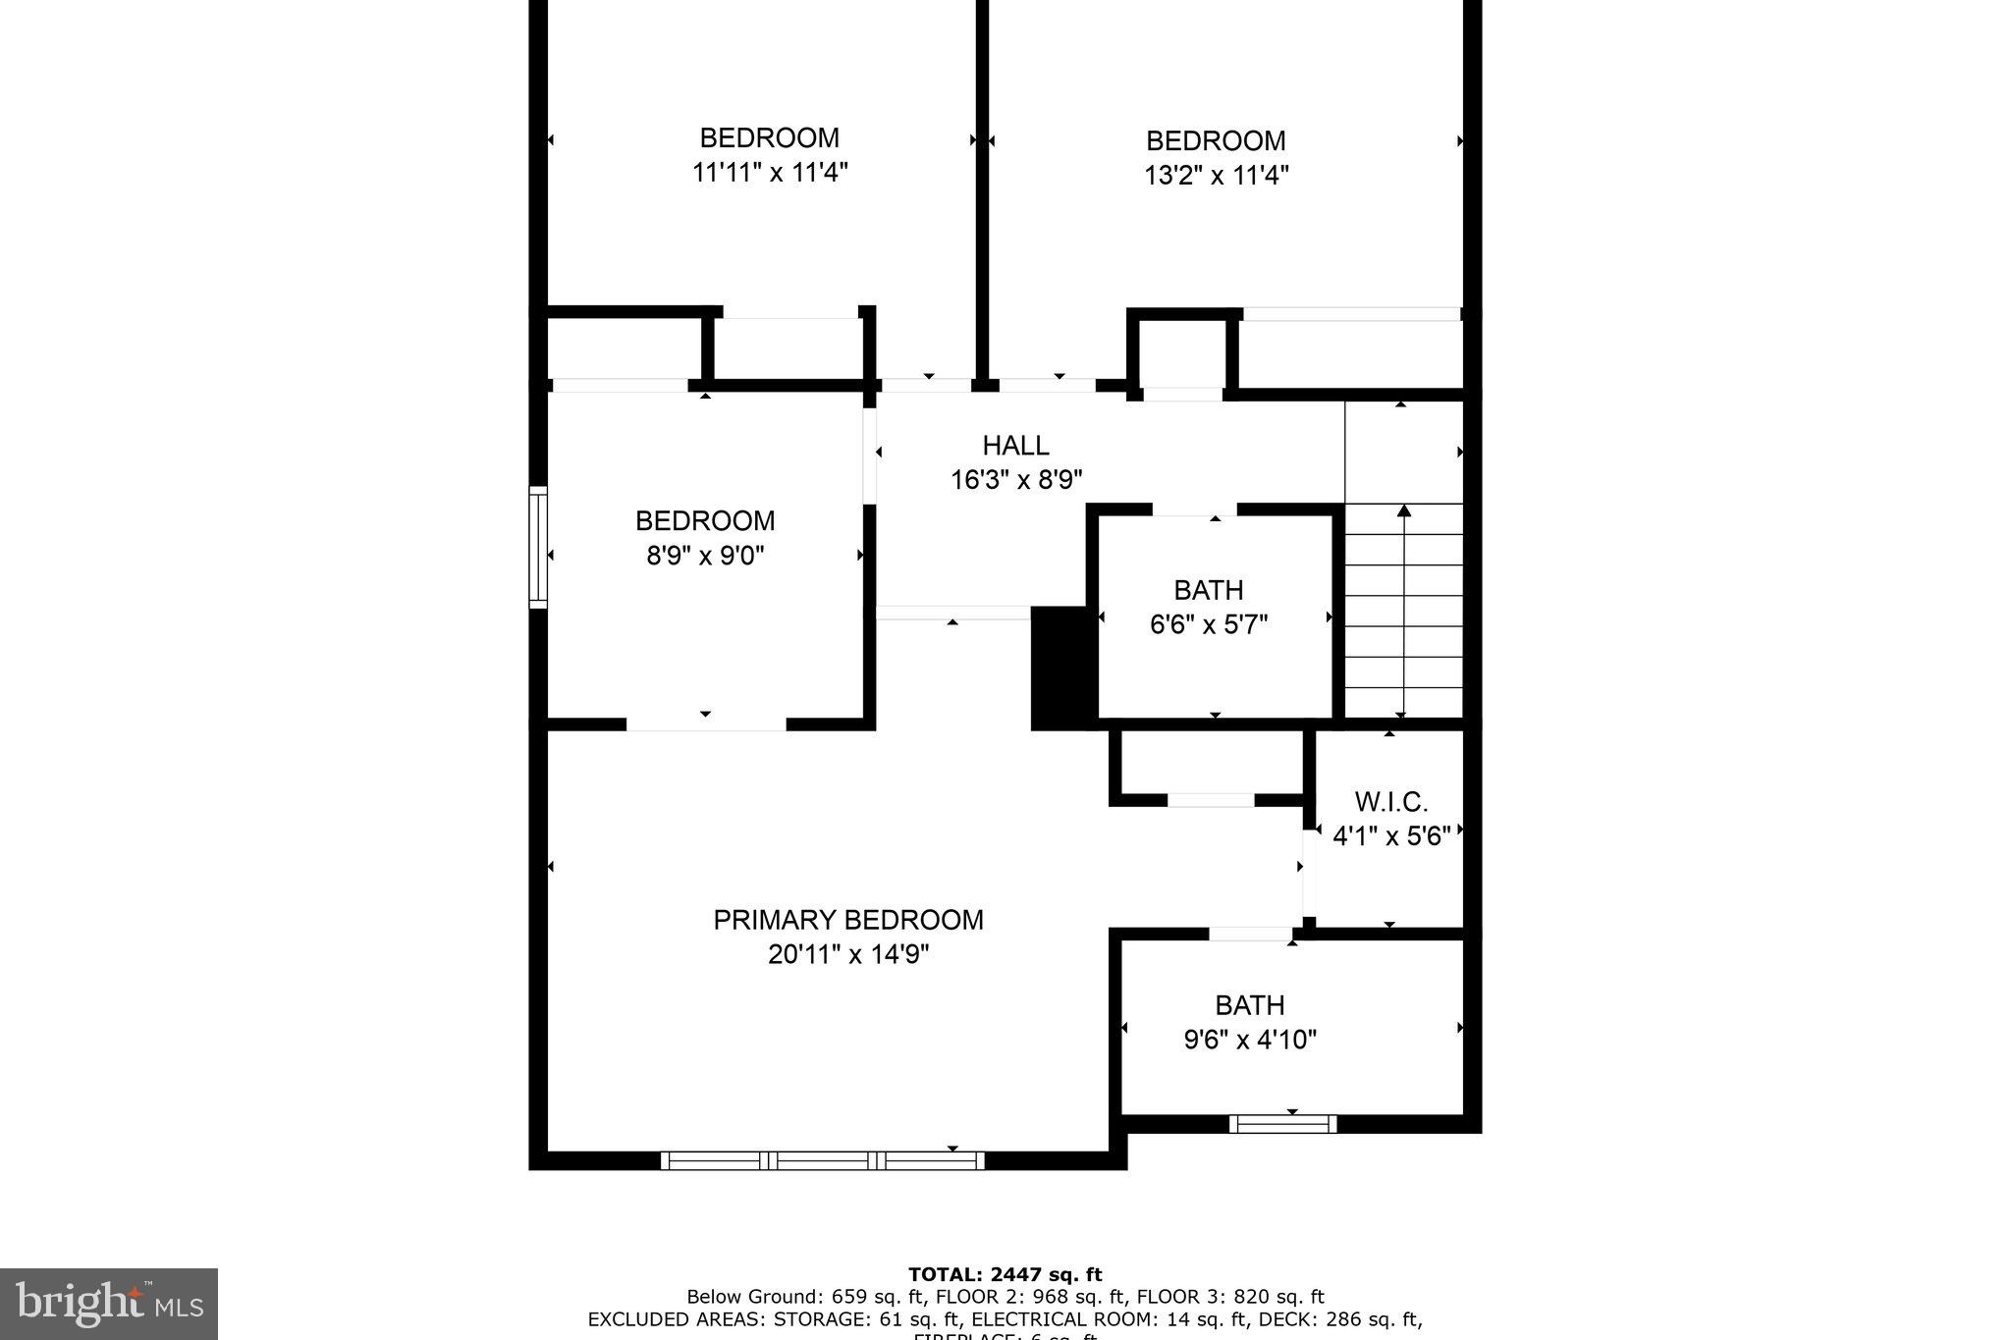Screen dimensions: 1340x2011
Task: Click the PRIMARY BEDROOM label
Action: point(847,920)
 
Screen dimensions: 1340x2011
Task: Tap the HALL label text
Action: point(1015,446)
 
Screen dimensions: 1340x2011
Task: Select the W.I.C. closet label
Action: point(1390,802)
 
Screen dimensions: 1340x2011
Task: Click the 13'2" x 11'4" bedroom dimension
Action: point(1216,176)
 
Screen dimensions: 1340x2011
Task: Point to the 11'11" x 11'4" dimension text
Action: point(770,173)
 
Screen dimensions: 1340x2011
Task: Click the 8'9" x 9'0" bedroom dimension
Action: point(705,556)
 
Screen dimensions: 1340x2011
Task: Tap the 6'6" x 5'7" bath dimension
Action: point(1209,624)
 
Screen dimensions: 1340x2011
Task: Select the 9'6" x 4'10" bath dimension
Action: point(1250,1040)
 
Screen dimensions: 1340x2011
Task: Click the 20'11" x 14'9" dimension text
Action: point(847,954)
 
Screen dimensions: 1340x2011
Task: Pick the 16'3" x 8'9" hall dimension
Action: point(1015,480)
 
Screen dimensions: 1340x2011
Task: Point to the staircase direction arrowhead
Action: point(1404,510)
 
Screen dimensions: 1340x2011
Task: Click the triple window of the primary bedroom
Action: point(822,1160)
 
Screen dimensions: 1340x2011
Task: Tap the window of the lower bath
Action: point(1282,1124)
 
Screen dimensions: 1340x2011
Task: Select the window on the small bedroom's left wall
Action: point(538,547)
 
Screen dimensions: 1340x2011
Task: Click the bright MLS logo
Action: point(109,1304)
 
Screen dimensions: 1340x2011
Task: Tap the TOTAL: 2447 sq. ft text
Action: point(1005,1275)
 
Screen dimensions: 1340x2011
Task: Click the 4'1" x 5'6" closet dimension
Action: point(1390,836)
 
